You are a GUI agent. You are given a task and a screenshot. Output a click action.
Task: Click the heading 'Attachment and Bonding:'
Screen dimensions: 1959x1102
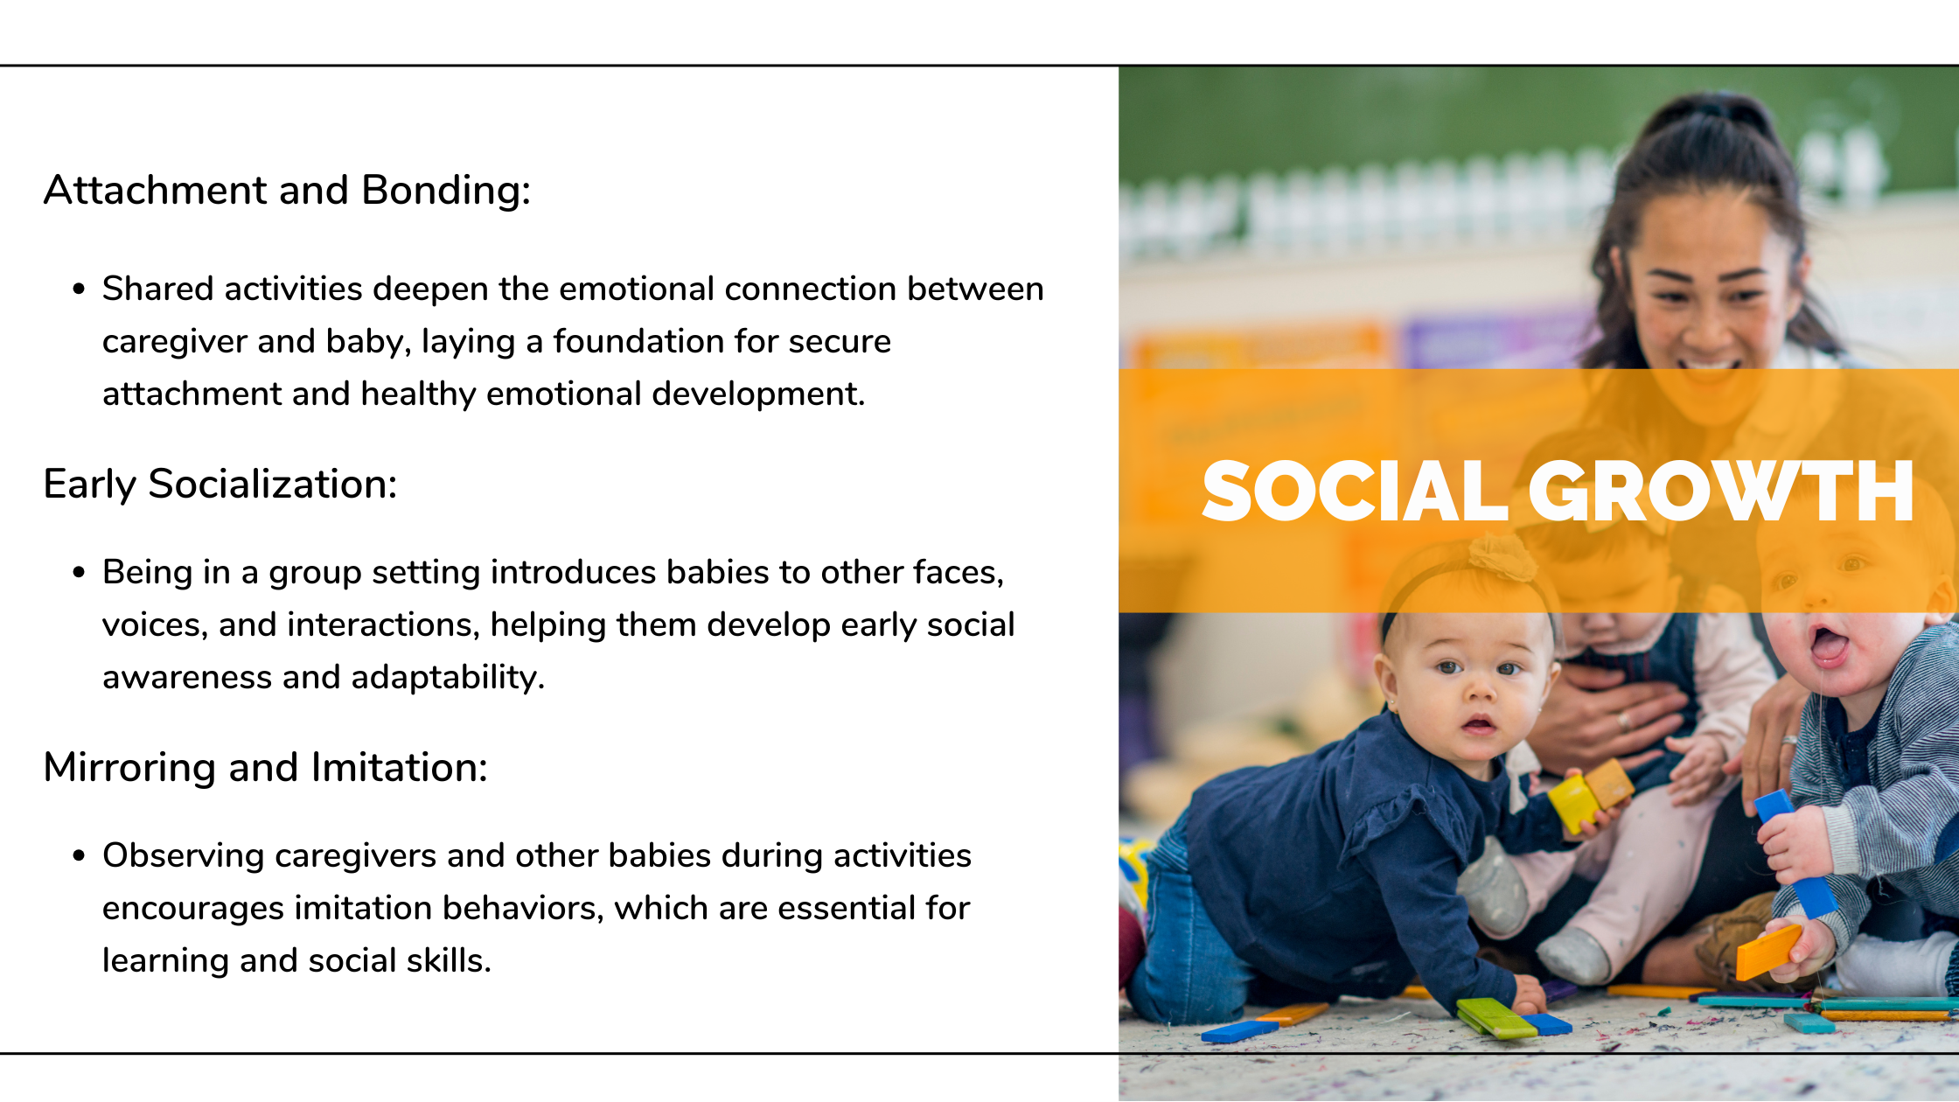(287, 191)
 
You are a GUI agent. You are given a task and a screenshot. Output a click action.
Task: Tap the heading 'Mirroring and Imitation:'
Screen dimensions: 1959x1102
(265, 768)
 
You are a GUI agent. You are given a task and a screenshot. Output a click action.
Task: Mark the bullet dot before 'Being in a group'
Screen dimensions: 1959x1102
(80, 573)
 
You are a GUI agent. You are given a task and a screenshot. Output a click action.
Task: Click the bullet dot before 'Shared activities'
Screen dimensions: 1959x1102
(80, 289)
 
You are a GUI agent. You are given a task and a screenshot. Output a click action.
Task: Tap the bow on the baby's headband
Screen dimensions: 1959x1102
(1502, 556)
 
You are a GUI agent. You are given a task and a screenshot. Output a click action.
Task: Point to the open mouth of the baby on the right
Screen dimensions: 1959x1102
(1830, 645)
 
